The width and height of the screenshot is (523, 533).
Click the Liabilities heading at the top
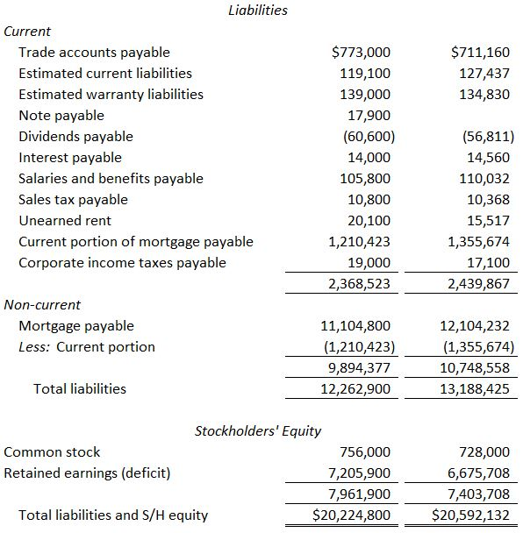pyautogui.click(x=257, y=11)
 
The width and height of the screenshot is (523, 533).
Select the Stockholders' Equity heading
pyautogui.click(x=257, y=430)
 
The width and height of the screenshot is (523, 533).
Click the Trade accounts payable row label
pyautogui.click(x=94, y=53)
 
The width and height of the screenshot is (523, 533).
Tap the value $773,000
pyautogui.click(x=362, y=53)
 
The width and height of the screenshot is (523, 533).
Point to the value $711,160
pyautogui.click(x=479, y=53)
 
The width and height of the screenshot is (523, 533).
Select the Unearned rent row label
pyautogui.click(x=64, y=221)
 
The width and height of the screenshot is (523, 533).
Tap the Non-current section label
pyautogui.click(x=42, y=305)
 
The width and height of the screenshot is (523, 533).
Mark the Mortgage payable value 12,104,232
pyautogui.click(x=474, y=326)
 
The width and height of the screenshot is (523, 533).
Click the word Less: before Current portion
pyautogui.click(x=36, y=347)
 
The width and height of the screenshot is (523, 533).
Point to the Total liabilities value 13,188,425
pyautogui.click(x=474, y=389)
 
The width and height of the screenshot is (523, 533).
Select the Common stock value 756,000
pyautogui.click(x=365, y=452)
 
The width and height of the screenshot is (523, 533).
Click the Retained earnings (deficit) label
pyautogui.click(x=87, y=473)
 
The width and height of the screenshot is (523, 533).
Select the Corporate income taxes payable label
pyautogui.click(x=122, y=263)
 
